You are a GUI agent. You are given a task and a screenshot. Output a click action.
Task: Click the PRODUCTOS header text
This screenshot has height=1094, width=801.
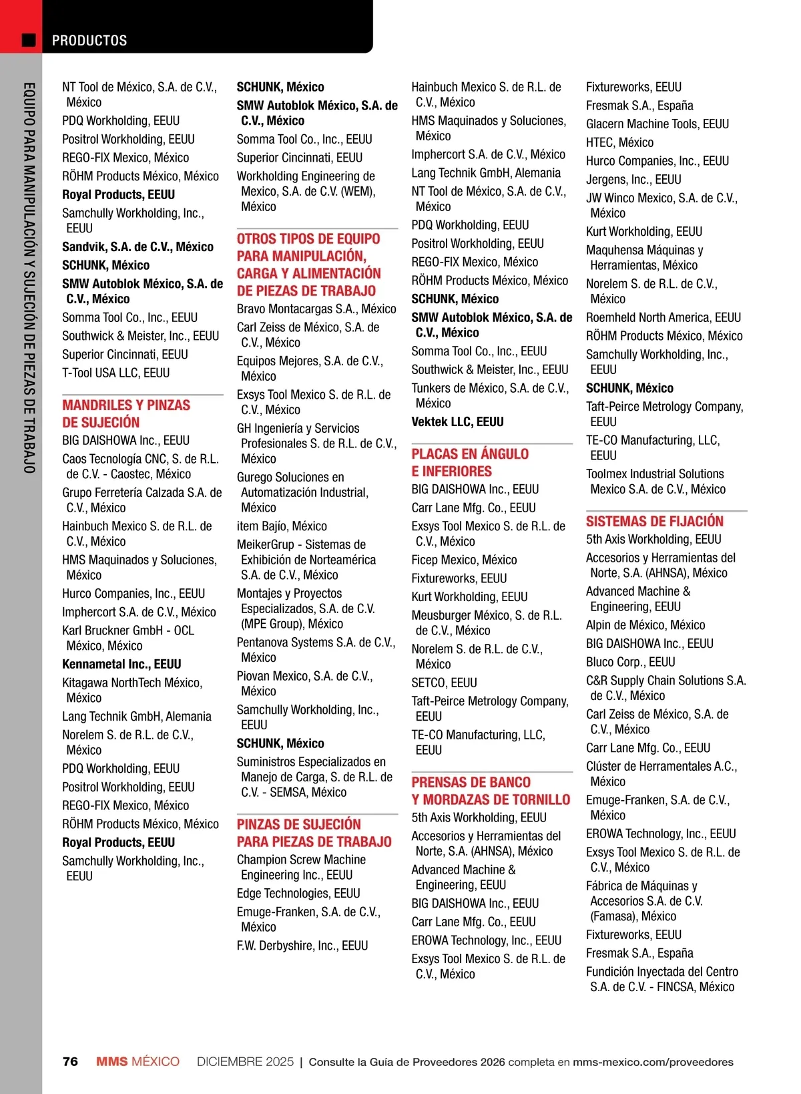(x=89, y=40)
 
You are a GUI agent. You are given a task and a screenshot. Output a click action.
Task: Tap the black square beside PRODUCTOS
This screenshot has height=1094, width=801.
(x=29, y=40)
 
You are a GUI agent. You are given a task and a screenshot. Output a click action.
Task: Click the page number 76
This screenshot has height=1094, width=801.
(x=70, y=1061)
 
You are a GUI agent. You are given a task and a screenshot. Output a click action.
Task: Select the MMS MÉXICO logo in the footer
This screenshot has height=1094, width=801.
(x=138, y=1061)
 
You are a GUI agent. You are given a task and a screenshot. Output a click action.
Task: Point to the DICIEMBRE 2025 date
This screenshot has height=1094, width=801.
(x=245, y=1061)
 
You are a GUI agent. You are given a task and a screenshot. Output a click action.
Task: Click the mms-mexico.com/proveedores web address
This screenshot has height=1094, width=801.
(x=652, y=1061)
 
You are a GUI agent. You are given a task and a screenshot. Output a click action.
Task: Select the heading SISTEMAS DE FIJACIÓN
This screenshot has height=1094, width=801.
(x=654, y=521)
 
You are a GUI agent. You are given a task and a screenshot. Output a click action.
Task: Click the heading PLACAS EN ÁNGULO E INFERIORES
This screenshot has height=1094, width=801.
(x=470, y=462)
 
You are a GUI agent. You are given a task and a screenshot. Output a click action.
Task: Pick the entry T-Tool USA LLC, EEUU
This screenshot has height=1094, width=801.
(x=115, y=373)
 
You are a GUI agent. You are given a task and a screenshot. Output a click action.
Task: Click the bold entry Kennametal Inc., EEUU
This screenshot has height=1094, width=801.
(x=121, y=664)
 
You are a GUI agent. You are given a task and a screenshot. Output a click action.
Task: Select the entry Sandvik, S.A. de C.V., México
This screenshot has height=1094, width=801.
(x=138, y=246)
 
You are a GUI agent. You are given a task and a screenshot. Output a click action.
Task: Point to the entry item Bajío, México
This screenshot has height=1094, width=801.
(x=282, y=526)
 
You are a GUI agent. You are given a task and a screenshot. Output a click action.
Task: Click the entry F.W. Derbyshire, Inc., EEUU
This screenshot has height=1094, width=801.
(x=302, y=945)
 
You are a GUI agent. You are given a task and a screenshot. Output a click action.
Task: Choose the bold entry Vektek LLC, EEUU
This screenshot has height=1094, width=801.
(x=457, y=421)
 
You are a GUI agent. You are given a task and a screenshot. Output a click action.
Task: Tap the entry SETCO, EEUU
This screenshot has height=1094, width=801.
(x=444, y=683)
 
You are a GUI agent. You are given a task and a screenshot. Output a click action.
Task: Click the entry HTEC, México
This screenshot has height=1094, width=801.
(x=619, y=142)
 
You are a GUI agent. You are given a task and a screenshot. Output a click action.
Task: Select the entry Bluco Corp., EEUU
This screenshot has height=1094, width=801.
(x=630, y=662)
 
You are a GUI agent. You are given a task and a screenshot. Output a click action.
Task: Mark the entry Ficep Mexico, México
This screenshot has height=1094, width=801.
(x=464, y=560)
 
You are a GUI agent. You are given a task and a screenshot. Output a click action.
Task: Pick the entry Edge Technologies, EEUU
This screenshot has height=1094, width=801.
(x=298, y=893)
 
